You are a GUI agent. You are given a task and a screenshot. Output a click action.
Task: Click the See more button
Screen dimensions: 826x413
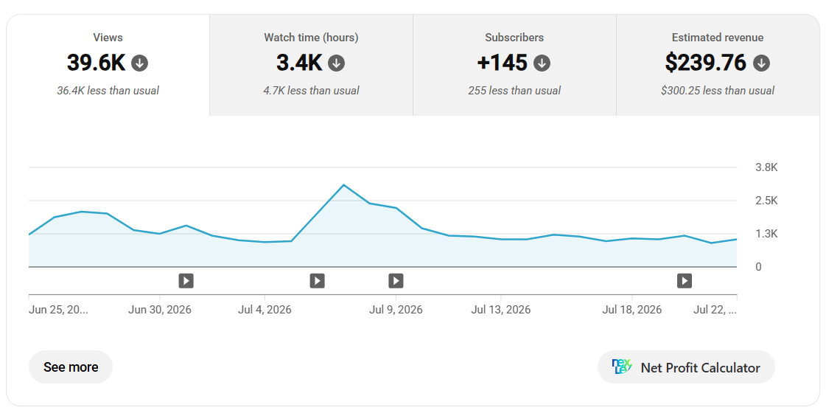click(71, 367)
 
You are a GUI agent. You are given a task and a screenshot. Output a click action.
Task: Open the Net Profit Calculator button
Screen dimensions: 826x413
click(686, 367)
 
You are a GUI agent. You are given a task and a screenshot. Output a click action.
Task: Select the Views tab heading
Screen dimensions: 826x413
click(108, 38)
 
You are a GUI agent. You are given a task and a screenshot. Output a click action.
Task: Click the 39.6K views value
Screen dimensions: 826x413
click(97, 63)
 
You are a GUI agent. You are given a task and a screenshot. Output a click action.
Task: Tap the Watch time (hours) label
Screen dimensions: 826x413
click(311, 38)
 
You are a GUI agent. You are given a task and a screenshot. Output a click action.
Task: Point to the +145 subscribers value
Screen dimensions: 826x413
click(502, 63)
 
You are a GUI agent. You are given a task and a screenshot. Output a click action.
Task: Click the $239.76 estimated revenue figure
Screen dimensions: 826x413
click(706, 63)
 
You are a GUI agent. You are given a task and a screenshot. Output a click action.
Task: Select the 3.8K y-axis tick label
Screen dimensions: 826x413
click(766, 167)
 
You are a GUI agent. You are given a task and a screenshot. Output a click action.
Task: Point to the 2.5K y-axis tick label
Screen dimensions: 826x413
click(766, 201)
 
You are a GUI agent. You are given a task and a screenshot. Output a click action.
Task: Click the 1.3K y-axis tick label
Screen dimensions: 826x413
click(766, 234)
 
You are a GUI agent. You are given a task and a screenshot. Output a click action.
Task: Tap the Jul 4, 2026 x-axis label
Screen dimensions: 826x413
click(265, 310)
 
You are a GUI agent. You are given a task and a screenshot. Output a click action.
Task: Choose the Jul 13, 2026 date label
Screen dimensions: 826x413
click(501, 310)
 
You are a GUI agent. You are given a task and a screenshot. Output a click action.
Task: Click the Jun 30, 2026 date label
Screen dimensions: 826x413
click(160, 310)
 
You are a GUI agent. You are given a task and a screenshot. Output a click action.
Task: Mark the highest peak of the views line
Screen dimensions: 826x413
click(343, 184)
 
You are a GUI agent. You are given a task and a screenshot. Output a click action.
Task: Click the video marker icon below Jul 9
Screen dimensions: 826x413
click(396, 280)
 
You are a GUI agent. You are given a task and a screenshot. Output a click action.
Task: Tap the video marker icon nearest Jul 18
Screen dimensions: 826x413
click(685, 280)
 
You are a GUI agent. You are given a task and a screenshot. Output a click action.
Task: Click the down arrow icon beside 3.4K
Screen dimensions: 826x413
click(336, 63)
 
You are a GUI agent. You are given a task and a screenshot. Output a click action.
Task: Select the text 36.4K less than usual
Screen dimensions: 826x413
click(108, 91)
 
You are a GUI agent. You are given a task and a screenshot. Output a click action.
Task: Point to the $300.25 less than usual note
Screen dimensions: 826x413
click(718, 91)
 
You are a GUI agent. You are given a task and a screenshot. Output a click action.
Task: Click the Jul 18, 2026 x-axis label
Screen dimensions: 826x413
click(632, 310)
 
